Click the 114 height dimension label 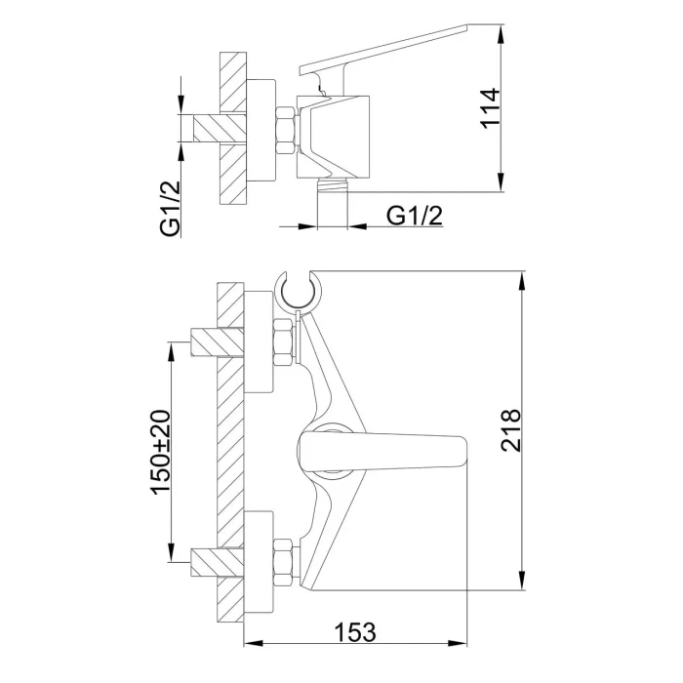point(490,107)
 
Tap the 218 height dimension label point(511,430)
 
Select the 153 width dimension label point(355,632)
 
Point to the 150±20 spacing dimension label point(160,452)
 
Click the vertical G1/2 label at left point(171,209)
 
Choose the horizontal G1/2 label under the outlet point(415,216)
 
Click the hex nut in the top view point(286,130)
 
